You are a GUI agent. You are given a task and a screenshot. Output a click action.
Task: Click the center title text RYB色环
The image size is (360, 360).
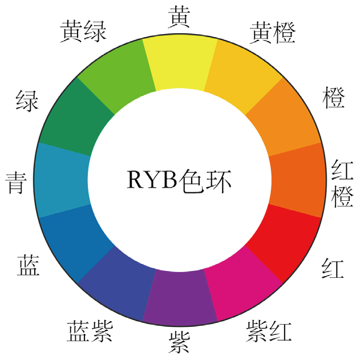coord(180,180)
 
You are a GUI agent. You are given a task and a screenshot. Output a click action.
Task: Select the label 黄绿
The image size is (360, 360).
coord(83,31)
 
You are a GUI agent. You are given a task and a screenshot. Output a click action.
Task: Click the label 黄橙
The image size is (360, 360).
coord(273,33)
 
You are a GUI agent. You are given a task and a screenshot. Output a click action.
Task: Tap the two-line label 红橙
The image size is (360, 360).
coord(343,183)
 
